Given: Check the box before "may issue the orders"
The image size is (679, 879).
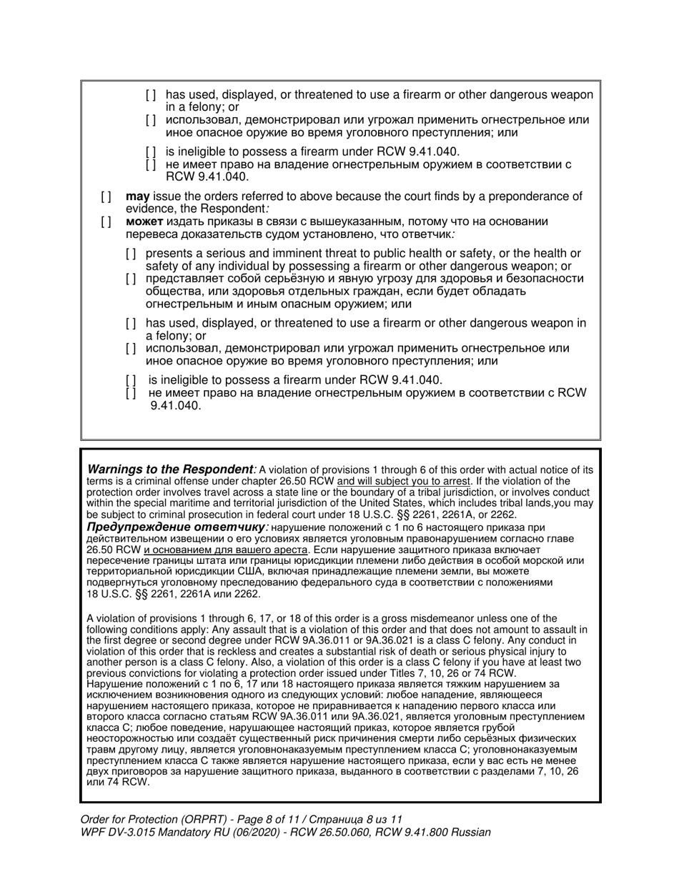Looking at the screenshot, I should pyautogui.click(x=106, y=197).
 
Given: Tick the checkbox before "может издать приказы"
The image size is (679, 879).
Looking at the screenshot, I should pyautogui.click(x=106, y=222).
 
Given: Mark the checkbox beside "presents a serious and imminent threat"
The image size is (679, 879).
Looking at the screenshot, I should pyautogui.click(x=131, y=254).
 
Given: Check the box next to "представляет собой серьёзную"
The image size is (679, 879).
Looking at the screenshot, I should pyautogui.click(x=131, y=279).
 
